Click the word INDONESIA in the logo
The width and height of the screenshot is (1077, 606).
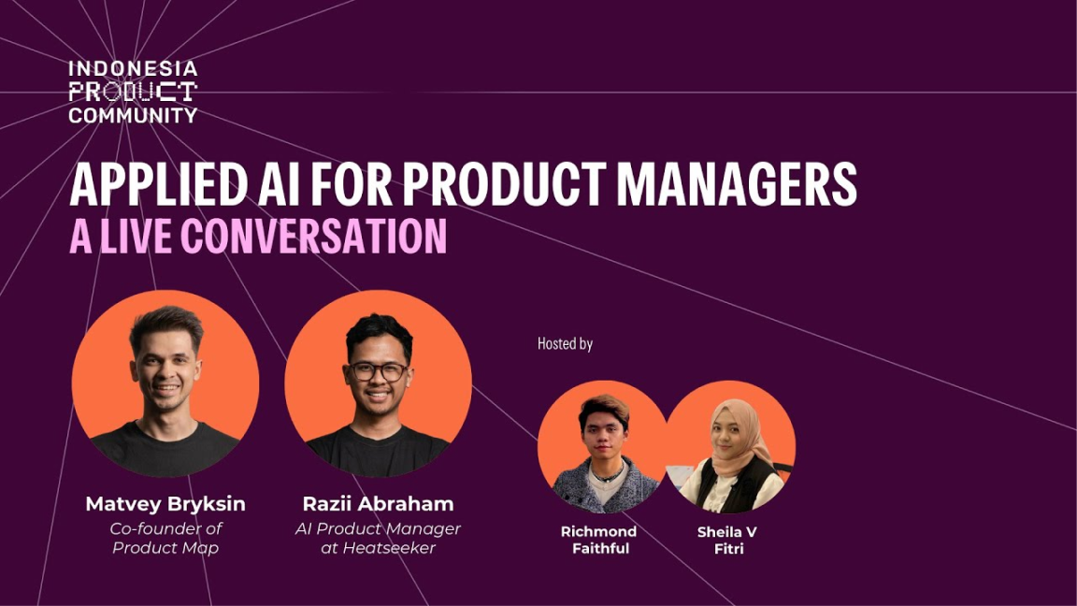133,70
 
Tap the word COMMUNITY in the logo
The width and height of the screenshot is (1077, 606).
133,115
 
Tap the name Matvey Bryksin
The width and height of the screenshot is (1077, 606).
165,504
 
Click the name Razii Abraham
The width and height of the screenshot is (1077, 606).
378,504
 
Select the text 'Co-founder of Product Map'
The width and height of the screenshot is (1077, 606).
165,538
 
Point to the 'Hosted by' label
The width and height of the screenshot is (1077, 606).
565,344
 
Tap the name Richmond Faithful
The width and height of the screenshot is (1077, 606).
598,540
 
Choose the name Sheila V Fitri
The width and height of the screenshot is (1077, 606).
727,540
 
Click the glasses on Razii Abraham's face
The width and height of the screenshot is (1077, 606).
378,371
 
